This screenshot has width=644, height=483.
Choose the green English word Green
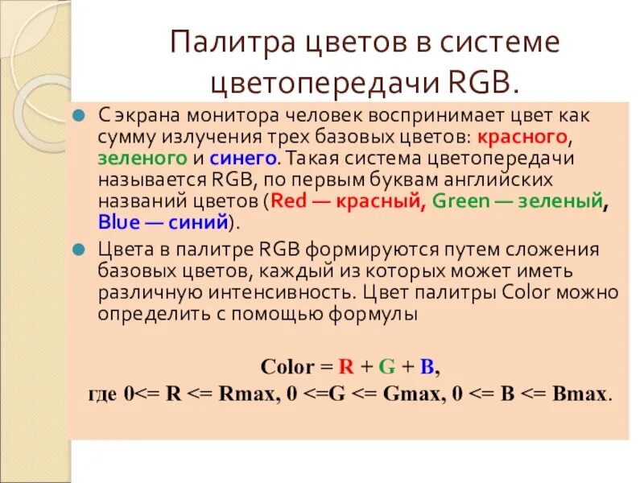(x=460, y=201)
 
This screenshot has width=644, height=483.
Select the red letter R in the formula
(x=347, y=367)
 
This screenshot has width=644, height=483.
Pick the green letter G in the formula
(x=386, y=367)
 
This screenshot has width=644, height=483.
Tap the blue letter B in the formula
(x=427, y=367)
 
